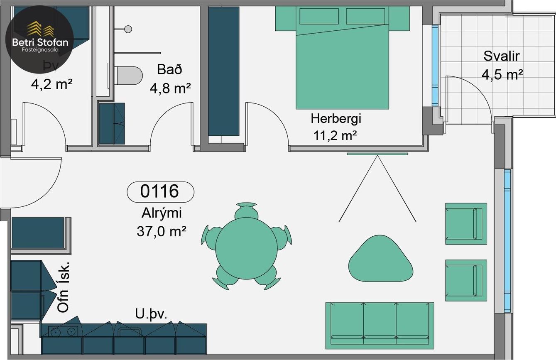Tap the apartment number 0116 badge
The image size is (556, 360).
(160, 191)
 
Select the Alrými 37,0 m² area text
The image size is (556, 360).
(161, 223)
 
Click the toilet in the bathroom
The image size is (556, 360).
(128, 75)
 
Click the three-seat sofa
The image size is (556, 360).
(380, 325)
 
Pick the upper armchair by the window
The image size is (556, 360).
(465, 223)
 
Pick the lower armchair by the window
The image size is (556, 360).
(465, 280)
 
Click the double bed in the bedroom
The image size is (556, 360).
(342, 62)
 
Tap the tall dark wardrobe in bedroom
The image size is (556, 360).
(223, 71)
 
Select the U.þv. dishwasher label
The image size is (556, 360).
(151, 314)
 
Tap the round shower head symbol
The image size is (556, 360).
(128, 29)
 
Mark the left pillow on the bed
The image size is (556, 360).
(319, 16)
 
